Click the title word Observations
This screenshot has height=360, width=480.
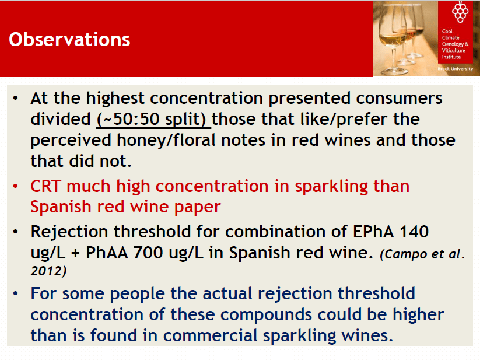pos(69,40)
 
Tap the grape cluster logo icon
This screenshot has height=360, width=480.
pos(460,12)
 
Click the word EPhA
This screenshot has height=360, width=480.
pos(373,232)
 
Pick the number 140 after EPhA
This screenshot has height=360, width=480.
pos(414,232)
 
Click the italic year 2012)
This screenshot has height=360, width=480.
pos(48,271)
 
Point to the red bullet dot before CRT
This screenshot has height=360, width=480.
pos(16,186)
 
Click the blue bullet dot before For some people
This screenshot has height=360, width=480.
pos(16,293)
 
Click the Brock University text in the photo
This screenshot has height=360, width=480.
pos(455,69)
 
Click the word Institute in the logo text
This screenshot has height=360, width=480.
pos(451,57)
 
